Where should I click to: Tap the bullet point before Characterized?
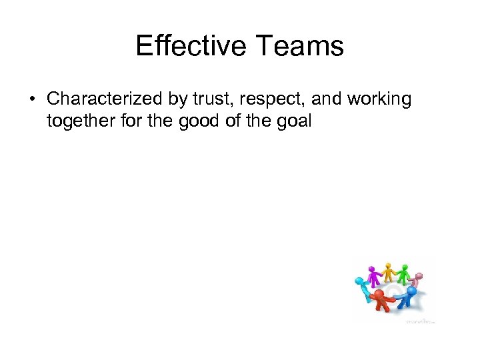click(31, 99)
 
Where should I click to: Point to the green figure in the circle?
click(404, 273)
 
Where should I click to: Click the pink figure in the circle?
click(417, 279)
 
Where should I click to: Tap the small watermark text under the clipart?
click(420, 321)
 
